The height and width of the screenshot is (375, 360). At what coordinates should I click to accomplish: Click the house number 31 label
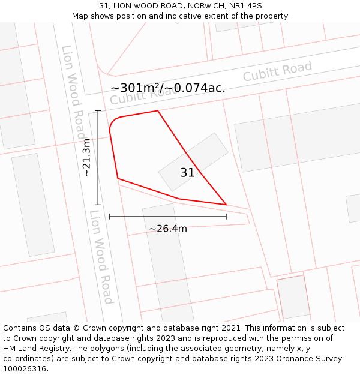tap(187, 173)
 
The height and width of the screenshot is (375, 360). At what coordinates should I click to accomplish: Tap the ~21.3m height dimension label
tap(86, 157)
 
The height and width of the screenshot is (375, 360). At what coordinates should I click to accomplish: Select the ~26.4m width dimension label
tap(168, 229)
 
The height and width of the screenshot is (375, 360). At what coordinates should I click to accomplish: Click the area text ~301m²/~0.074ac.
tap(168, 88)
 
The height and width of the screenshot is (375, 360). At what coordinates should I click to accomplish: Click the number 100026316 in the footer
tap(23, 369)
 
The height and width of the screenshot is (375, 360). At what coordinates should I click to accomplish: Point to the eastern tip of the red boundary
tap(226, 205)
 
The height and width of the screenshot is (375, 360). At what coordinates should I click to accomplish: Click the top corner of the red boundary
tap(158, 111)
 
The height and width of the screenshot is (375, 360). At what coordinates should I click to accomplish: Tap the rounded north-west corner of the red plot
tap(112, 124)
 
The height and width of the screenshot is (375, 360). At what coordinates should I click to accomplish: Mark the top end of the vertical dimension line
tap(98, 111)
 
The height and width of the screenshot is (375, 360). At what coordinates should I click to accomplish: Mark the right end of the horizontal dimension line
tap(226, 216)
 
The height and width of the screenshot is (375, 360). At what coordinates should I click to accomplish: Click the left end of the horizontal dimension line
tap(110, 216)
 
